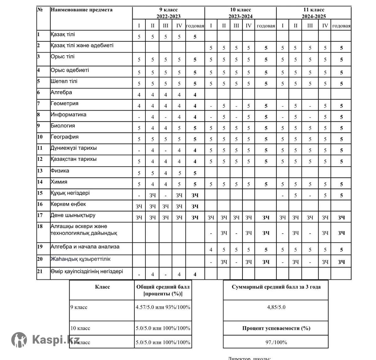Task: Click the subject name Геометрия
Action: click(65, 103)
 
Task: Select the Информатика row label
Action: click(68, 115)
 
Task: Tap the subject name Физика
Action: click(60, 171)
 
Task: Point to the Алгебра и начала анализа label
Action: click(85, 247)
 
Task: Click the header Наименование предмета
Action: click(81, 10)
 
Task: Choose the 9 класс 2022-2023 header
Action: click(169, 13)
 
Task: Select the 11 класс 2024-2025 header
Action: click(314, 13)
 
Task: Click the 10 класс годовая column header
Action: click(266, 26)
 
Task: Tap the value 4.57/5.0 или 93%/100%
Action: click(163, 307)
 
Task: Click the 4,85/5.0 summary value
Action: click(276, 307)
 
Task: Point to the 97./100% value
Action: click(276, 342)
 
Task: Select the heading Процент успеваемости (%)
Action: click(276, 328)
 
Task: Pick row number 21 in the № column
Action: click(40, 272)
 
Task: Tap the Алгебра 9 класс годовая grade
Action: click(195, 95)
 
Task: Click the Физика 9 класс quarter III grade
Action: click(166, 173)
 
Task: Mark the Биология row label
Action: click(63, 126)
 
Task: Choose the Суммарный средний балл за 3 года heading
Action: click(276, 287)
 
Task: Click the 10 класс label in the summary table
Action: click(80, 328)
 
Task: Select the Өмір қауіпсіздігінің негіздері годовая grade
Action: click(195, 274)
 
